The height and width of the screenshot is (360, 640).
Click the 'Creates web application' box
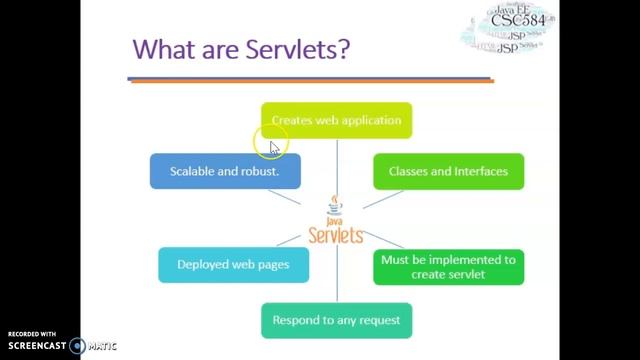click(x=336, y=120)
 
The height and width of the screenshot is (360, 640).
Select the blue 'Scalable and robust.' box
click(x=211, y=171)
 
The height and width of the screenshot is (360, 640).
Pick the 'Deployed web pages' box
click(x=233, y=265)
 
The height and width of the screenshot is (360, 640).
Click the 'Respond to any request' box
click(x=336, y=320)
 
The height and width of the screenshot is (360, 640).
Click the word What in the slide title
click(x=166, y=49)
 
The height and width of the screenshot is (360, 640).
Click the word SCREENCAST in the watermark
click(x=36, y=346)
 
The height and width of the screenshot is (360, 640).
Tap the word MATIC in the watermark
click(x=102, y=346)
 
